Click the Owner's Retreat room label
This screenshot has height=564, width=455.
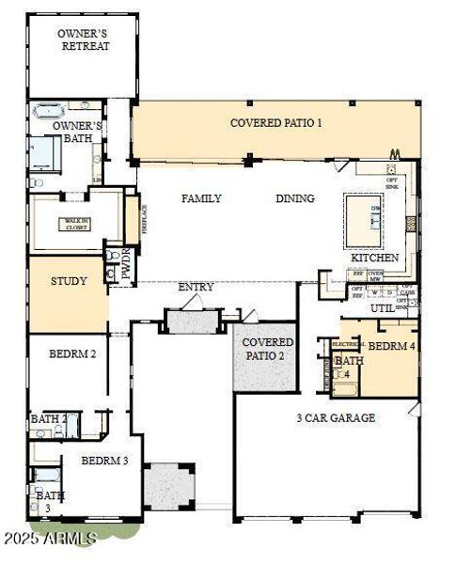tap(83, 39)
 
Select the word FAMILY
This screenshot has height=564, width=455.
tap(201, 198)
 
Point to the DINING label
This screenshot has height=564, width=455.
tap(294, 198)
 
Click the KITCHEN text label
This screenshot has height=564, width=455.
tap(375, 258)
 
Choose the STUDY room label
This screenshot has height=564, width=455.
tap(69, 281)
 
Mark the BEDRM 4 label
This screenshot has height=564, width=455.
tap(389, 346)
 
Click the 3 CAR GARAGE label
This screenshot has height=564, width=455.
tap(336, 417)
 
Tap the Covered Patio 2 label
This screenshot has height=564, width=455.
tap(268, 349)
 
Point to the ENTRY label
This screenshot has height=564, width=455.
tap(195, 287)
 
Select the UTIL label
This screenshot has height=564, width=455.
tap(382, 307)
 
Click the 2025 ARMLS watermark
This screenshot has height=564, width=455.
tap(49, 538)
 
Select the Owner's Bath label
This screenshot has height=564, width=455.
tap(77, 132)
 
